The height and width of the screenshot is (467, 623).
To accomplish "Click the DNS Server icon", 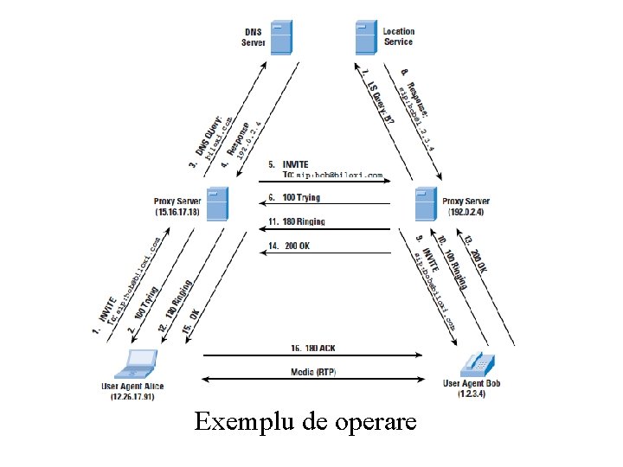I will tap(281, 37).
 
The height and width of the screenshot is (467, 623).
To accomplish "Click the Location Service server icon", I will tap(365, 37).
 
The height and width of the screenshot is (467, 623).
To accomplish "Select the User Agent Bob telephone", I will tap(473, 362).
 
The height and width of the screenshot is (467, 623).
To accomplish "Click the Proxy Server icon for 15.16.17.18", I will tap(216, 203).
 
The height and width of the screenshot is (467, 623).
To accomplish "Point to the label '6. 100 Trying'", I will tap(294, 198).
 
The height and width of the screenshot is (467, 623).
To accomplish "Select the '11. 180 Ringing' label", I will tap(297, 221).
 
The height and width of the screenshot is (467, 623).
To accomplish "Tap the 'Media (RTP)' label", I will tap(313, 372).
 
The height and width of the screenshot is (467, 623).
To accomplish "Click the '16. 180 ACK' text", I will tap(314, 349).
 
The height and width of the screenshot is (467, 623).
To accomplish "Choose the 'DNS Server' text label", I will tap(254, 36).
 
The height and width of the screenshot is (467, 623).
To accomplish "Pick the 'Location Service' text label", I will tap(398, 36).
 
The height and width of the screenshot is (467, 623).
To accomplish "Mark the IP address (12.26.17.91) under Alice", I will tap(132, 397).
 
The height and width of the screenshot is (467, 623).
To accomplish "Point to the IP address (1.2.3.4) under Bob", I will tap(472, 394).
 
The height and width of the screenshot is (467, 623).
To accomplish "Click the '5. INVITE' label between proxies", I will tap(288, 164).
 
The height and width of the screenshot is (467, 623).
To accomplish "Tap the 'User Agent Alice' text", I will tap(132, 386).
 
